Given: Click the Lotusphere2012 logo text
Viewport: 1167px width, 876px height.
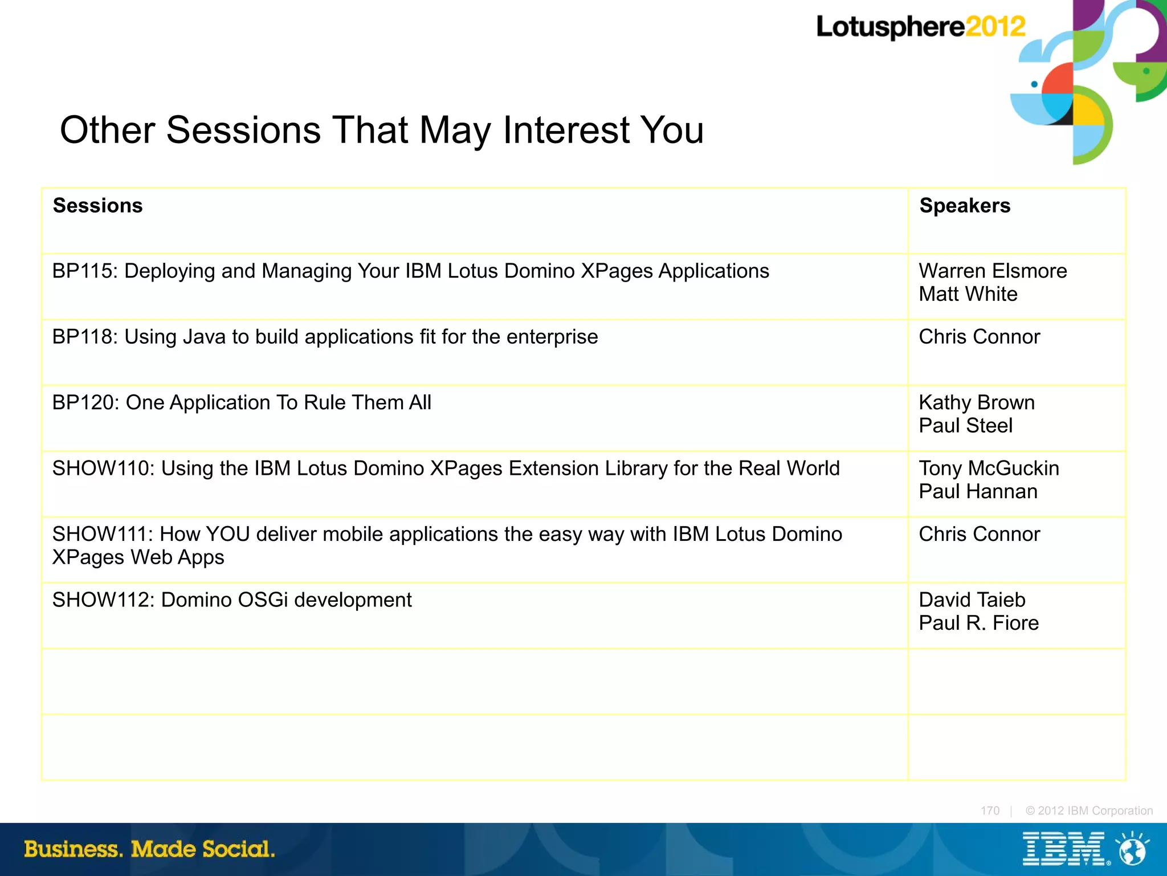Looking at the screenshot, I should (x=920, y=27).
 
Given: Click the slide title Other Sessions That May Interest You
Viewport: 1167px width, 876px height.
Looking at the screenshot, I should (x=381, y=130).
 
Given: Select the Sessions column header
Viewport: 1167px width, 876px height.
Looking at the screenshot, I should (x=97, y=206).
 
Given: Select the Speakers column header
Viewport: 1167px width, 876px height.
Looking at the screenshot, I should (x=964, y=206).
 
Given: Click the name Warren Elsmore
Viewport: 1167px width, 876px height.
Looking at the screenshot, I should (x=992, y=271).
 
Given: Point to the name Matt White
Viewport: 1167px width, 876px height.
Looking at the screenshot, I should (x=968, y=294).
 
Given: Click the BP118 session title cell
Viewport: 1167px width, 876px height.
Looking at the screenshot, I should (x=325, y=337).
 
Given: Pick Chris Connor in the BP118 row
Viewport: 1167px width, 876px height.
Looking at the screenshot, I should (x=979, y=337).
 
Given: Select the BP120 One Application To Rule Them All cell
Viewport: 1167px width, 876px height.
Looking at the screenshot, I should (x=242, y=403).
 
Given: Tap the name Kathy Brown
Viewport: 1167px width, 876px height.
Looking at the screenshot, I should (x=976, y=403).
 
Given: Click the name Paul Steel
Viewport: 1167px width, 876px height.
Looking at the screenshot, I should (x=965, y=426).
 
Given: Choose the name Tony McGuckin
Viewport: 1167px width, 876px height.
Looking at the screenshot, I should (x=989, y=468).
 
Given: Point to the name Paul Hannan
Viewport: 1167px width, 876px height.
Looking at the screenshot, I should (x=978, y=492).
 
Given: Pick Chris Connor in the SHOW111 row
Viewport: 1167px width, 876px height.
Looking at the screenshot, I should (x=979, y=535).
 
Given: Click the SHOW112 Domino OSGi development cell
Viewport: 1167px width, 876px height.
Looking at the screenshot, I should (x=232, y=600).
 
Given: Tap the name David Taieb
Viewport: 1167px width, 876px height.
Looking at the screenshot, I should (x=972, y=600).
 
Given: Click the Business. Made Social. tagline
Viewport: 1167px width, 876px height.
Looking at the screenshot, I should (x=149, y=849).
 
